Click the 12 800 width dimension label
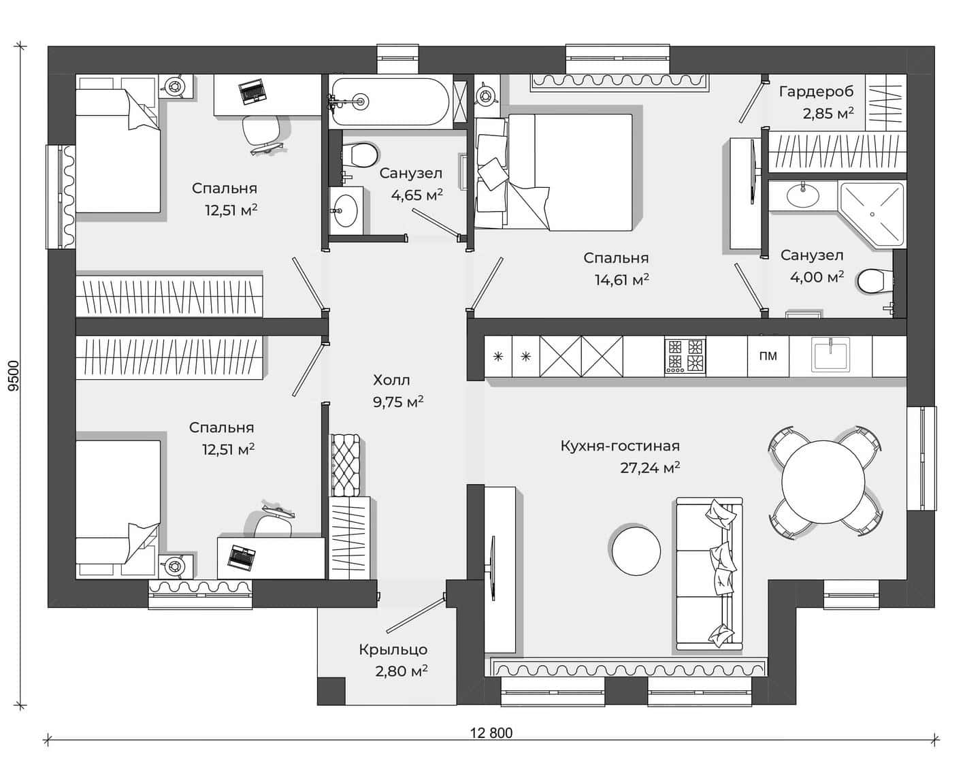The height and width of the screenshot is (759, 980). [491, 733]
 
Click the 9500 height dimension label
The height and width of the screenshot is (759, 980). [14, 375]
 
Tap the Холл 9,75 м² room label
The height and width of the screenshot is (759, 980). [397, 391]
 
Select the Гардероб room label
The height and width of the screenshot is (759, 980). [816, 91]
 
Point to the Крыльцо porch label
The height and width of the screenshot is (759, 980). [393, 649]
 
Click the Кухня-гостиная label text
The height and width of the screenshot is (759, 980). [620, 446]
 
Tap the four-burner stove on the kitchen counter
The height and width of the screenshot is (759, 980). [685, 356]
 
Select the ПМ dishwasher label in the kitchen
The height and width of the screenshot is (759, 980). [768, 356]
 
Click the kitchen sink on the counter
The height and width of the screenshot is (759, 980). [831, 355]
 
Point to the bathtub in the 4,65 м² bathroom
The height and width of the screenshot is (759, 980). [390, 101]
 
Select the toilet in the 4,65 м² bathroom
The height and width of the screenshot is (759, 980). [359, 155]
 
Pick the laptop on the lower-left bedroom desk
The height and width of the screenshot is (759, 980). [242, 555]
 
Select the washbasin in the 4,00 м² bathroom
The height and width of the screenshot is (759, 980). [803, 195]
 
